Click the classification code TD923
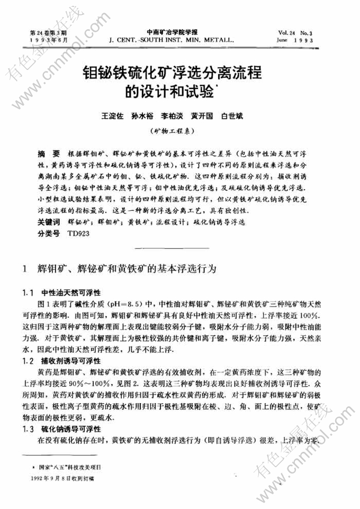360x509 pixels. click(79, 232)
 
